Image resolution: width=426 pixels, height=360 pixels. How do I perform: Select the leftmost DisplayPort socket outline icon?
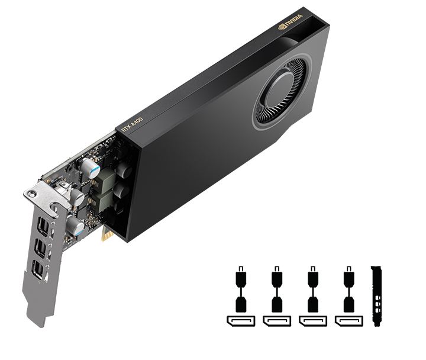tap(241, 321)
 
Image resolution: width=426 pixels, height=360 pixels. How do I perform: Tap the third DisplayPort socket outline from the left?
tap(312, 321)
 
